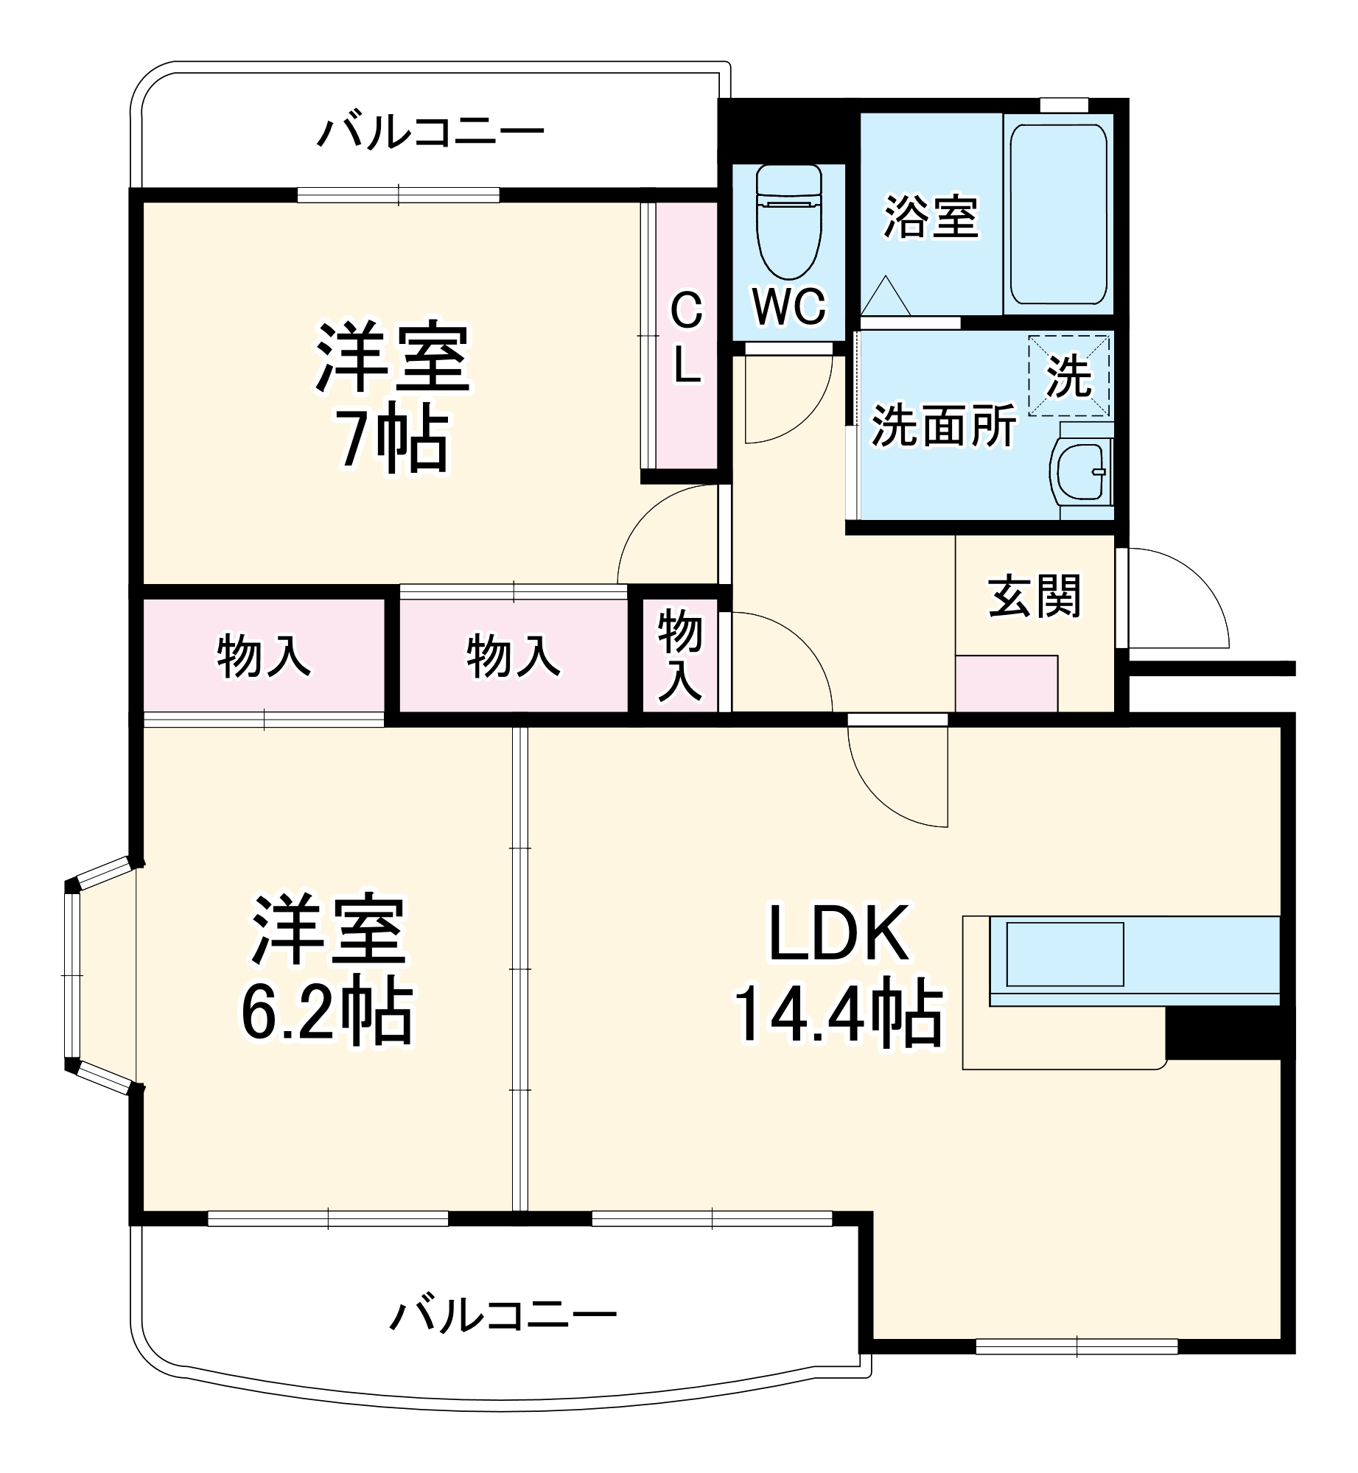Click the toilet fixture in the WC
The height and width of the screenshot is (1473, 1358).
click(788, 221)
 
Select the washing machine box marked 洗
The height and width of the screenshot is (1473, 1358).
click(1068, 376)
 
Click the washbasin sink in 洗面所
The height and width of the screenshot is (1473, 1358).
click(1080, 471)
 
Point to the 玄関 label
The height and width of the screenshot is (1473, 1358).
click(1034, 597)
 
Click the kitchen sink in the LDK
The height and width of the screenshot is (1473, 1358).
click(1065, 954)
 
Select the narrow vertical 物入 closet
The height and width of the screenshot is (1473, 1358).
click(679, 655)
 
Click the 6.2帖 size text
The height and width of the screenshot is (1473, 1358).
click(328, 1010)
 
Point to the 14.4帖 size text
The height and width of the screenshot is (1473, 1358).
click(839, 1014)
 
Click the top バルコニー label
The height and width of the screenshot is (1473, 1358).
click(430, 133)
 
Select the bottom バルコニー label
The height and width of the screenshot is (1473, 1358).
click(503, 1316)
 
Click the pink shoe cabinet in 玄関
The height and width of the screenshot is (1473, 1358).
click(1006, 683)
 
